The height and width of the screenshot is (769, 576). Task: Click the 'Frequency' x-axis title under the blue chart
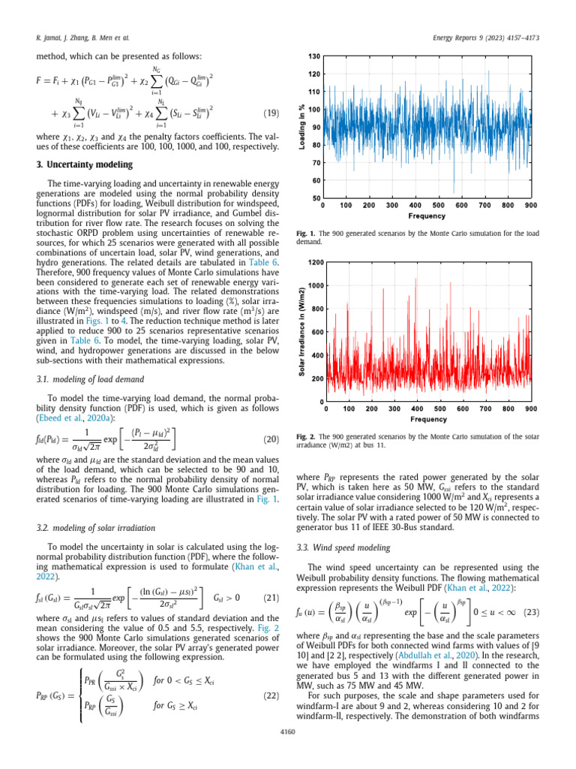point(426,216)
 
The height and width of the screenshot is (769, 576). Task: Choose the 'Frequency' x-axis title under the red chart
point(427,418)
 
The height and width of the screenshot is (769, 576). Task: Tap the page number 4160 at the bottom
point(287,752)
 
